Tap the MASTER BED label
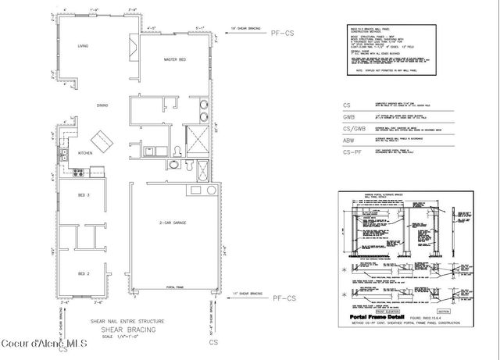coord(173,61)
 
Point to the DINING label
coord(102,105)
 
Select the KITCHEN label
coord(86,153)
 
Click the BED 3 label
coord(84,195)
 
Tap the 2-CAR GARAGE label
coord(170,224)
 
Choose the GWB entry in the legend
coord(348,116)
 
